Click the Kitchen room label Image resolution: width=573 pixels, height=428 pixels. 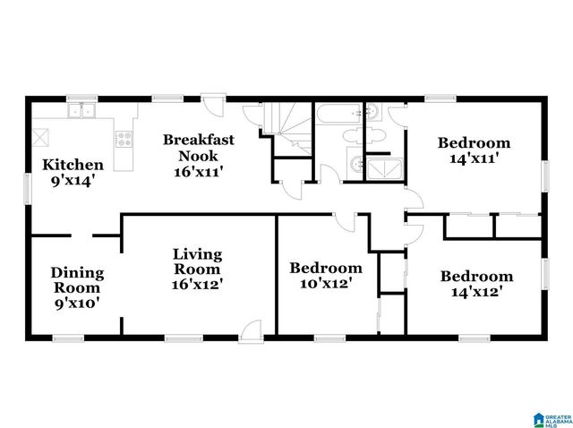click(x=73, y=172)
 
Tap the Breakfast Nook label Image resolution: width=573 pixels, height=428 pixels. click(x=199, y=154)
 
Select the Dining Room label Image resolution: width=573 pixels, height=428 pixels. click(x=76, y=287)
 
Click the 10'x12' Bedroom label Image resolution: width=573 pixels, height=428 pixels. click(x=325, y=275)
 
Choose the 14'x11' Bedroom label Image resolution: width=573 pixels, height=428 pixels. click(x=473, y=150)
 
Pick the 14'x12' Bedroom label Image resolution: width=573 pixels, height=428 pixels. click(x=476, y=283)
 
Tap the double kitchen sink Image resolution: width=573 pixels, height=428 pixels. click(x=85, y=111)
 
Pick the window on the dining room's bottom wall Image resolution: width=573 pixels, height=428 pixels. click(x=68, y=338)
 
